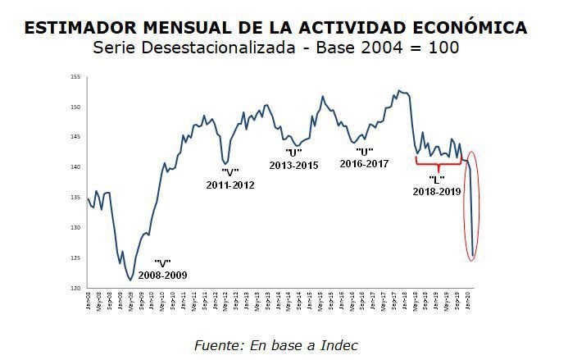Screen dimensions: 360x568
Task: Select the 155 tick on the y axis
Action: [x=75, y=77]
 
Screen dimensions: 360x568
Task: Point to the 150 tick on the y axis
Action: [x=75, y=107]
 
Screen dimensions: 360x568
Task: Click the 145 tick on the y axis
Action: [x=75, y=138]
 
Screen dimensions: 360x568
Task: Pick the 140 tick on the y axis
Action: [x=75, y=167]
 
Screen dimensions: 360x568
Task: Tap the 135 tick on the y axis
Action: [x=75, y=198]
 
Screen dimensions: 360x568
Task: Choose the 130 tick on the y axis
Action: [x=75, y=228]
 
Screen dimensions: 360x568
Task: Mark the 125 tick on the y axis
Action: [x=75, y=258]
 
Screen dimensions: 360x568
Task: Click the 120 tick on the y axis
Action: [x=75, y=289]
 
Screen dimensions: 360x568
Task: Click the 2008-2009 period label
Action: [x=162, y=276]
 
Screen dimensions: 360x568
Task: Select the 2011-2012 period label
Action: [x=230, y=185]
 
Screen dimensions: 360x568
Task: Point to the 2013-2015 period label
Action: [x=293, y=165]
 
